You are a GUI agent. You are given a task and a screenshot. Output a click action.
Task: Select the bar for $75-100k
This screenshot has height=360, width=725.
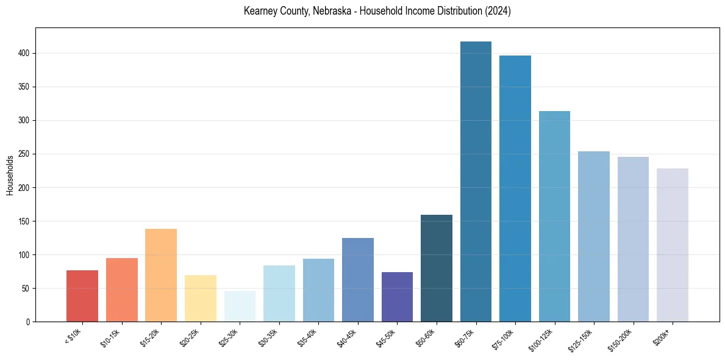pyautogui.click(x=515, y=189)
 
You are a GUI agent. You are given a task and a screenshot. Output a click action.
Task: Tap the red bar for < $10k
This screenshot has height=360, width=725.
pyautogui.click(x=82, y=296)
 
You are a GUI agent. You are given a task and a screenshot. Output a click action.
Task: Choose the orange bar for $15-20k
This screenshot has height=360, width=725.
pyautogui.click(x=161, y=275)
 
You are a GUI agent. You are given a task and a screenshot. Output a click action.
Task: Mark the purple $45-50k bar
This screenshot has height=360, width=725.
pyautogui.click(x=397, y=297)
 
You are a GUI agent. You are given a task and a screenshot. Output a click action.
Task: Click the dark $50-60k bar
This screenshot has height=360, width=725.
pyautogui.click(x=436, y=268)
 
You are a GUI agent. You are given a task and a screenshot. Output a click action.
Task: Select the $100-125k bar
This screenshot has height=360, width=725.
pyautogui.click(x=554, y=217)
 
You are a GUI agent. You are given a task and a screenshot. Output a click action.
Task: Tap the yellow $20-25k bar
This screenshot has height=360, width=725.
pyautogui.click(x=200, y=298)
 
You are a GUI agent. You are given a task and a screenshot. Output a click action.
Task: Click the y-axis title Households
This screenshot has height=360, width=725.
pyautogui.click(x=10, y=175)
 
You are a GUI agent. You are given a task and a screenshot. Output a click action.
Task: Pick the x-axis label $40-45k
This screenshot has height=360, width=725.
pyautogui.click(x=346, y=338)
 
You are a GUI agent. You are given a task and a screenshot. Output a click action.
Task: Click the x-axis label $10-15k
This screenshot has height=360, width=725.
pyautogui.click(x=110, y=338)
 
